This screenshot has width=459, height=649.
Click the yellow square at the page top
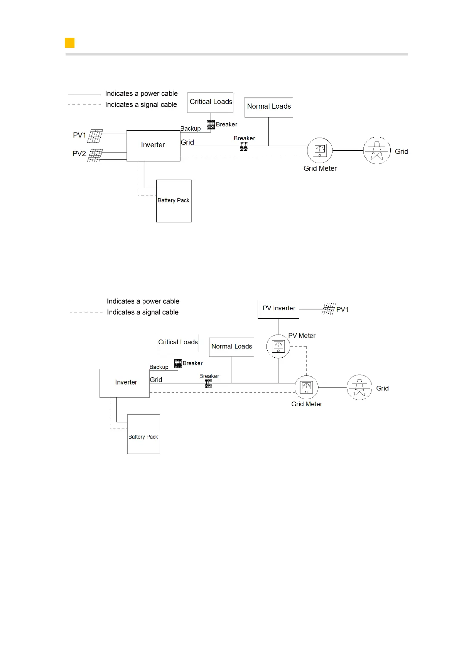pos(69,43)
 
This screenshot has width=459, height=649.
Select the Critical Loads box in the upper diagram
pos(210,103)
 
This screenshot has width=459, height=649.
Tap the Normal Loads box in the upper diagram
pos(269,107)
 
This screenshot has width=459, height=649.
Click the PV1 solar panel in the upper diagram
pos(95,136)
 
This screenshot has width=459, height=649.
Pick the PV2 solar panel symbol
pos(95,155)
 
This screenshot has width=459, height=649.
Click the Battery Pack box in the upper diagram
pos(174,201)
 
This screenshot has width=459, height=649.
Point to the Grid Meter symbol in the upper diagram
pos(320,150)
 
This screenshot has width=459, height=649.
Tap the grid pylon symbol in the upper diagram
pos(377,150)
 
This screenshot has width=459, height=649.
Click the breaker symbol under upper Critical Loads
pos(211,124)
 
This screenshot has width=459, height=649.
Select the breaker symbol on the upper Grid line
pos(244,146)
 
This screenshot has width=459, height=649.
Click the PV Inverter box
pos(278,309)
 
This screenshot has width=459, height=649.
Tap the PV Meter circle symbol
pos(278,346)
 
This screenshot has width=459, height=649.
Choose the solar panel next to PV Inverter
pos(328,309)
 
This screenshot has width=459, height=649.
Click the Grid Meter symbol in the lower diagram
pos(306,387)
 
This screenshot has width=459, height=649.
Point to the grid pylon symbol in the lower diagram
pos(359,387)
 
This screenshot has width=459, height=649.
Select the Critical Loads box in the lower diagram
pos(177,343)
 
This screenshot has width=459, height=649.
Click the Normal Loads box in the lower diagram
pos(231,347)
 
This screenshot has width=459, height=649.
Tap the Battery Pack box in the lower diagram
pos(143,434)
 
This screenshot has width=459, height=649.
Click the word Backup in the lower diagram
pos(159,367)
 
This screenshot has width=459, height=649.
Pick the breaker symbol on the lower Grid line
pos(208,383)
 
